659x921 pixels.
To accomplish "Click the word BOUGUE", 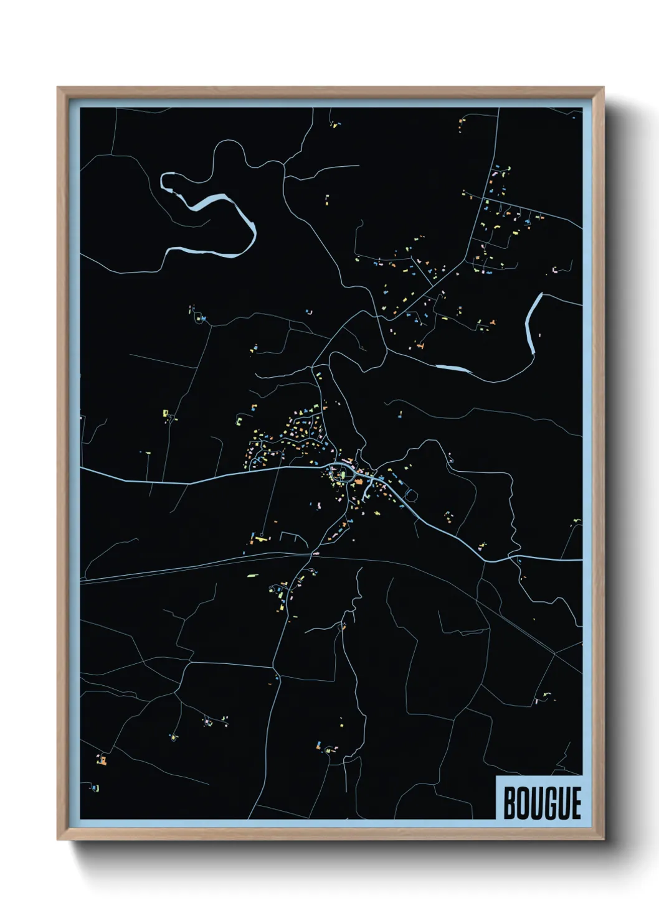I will tap(541, 803).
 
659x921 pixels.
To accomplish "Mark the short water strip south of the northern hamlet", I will tap(453, 368).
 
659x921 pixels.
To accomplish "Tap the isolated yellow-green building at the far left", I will tap(166, 413).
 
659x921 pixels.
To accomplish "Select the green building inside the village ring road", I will tap(342, 476).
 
